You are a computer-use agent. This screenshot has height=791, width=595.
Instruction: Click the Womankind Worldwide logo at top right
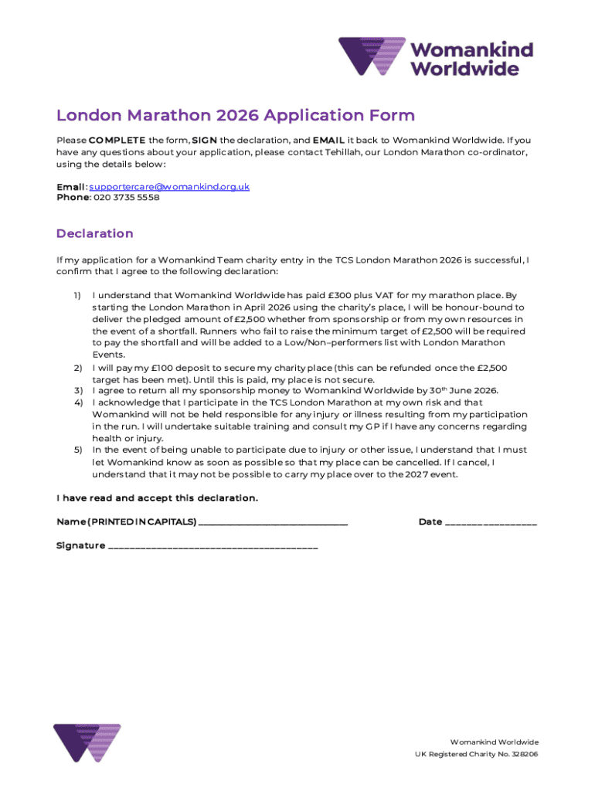click(x=436, y=57)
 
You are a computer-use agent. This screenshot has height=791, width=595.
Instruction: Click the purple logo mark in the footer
click(x=87, y=742)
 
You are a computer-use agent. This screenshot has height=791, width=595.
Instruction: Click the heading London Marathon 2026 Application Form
click(x=235, y=116)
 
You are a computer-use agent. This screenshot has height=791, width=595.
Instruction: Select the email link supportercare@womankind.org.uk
click(x=169, y=187)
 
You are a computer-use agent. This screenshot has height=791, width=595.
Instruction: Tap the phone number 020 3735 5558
click(x=126, y=198)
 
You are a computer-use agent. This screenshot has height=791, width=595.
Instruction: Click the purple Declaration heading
click(x=94, y=233)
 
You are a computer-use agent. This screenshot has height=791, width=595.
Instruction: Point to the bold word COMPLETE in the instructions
click(x=117, y=141)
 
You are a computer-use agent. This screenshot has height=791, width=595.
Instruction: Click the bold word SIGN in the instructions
click(x=203, y=141)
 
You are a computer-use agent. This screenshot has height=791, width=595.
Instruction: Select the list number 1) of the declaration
click(x=77, y=295)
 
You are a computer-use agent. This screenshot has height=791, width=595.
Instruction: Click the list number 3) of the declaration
click(x=77, y=391)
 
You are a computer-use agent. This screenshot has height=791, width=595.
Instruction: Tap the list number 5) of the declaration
click(x=77, y=450)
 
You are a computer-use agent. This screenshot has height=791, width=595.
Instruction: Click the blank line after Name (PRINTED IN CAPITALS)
click(x=273, y=523)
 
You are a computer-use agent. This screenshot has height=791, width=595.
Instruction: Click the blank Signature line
click(x=212, y=547)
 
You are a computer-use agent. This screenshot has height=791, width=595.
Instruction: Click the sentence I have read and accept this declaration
click(x=157, y=498)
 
